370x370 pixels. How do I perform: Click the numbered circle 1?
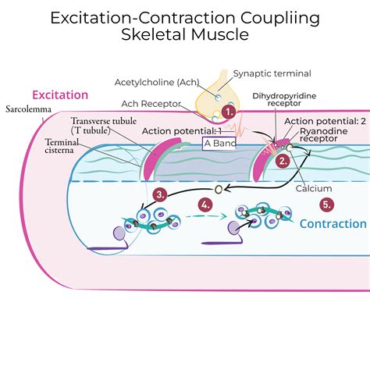(x=229, y=112)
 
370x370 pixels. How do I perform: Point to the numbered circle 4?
(x=206, y=205)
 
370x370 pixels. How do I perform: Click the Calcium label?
(x=315, y=188)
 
